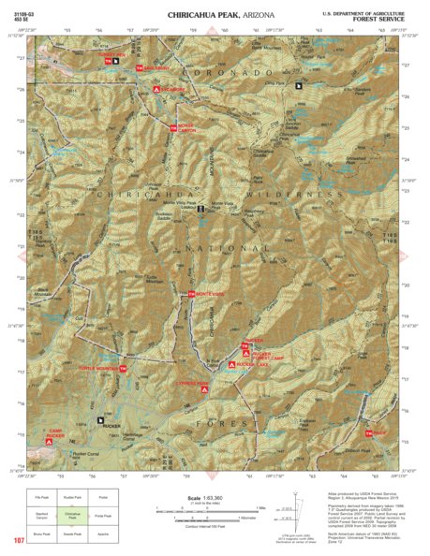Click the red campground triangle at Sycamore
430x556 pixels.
pyautogui.click(x=156, y=88)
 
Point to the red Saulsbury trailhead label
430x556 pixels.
pyautogui.click(x=157, y=68)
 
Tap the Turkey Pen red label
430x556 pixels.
pyautogui.click(x=110, y=55)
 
